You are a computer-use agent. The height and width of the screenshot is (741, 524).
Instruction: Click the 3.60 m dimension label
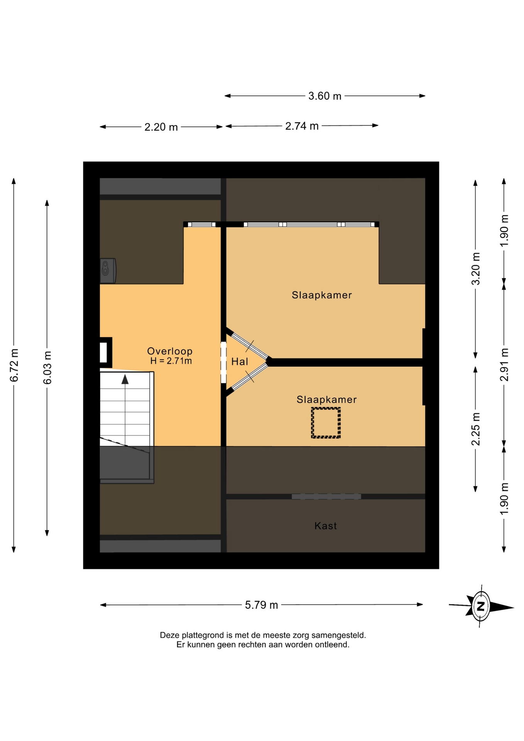[325, 96]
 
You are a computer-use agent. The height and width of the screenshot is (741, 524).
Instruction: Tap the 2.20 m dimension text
[161, 127]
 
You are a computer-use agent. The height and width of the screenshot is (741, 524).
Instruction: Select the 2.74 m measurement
[302, 126]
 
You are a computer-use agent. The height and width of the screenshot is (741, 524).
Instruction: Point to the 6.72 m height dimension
[14, 365]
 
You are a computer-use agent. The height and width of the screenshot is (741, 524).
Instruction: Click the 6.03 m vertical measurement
[47, 367]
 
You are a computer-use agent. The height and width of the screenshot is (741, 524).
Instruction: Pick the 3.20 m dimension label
[476, 269]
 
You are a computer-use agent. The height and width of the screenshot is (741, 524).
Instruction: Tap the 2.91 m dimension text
[504, 364]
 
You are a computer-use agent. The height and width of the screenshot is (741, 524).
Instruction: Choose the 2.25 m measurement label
[476, 429]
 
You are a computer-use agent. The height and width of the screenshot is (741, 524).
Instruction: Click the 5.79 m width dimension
[261, 605]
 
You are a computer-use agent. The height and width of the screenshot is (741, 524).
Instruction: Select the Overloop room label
[170, 351]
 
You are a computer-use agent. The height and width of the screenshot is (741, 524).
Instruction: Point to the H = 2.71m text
[171, 361]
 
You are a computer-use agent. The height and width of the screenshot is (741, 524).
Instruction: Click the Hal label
[240, 362]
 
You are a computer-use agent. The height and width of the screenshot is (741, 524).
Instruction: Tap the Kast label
[326, 526]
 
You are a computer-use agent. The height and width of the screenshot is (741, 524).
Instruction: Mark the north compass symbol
[481, 606]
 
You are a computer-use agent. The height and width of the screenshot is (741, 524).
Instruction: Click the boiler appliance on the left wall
[108, 271]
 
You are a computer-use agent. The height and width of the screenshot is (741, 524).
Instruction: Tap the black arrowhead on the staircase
[125, 379]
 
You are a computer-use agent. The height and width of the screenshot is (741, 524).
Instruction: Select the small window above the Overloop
[202, 224]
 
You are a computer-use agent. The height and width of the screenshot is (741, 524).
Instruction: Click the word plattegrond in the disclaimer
[203, 635]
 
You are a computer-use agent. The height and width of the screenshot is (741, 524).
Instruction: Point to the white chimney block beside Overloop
[103, 352]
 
